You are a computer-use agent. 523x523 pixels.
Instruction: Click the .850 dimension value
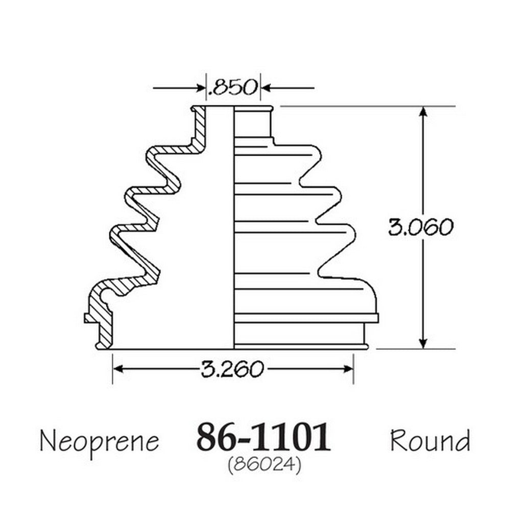tap(232, 87)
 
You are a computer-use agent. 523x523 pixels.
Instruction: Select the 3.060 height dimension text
tap(421, 227)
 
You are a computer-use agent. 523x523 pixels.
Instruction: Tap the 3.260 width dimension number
tap(232, 369)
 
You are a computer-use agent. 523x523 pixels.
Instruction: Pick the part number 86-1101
tap(264, 437)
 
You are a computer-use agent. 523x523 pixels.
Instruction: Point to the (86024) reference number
tap(265, 464)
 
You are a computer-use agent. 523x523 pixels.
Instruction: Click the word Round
tap(430, 440)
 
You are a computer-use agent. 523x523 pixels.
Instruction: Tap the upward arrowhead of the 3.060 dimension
tap(423, 112)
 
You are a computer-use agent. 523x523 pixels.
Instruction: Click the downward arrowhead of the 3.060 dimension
tap(423, 343)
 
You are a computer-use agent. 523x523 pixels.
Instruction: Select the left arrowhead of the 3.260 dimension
tap(118, 369)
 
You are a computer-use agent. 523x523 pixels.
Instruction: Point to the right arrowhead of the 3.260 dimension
tap(348, 369)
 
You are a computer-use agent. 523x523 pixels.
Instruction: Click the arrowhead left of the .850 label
tap(200, 88)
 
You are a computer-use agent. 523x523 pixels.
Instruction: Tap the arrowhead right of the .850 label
tap(266, 88)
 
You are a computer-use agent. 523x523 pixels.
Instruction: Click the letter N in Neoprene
tap(47, 440)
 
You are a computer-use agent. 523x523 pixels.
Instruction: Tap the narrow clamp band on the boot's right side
tap(306, 318)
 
